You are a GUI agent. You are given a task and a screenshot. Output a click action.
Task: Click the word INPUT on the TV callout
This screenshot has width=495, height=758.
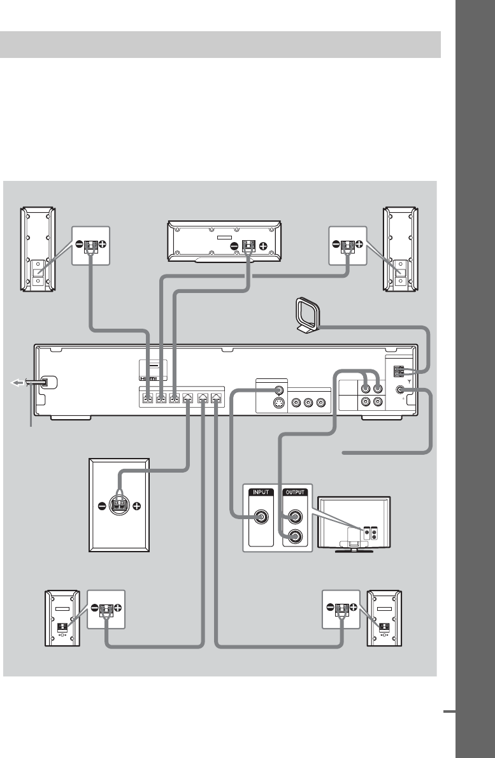pos(261,492)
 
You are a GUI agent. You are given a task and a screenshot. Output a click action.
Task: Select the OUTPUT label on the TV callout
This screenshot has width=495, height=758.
pos(296,492)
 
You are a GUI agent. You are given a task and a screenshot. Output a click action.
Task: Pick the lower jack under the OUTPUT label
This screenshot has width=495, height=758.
pos(296,536)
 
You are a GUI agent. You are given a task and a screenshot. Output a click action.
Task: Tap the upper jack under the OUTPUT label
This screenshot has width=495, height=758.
pos(296,515)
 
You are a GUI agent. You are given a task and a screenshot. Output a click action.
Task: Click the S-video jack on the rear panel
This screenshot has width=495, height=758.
pos(278,403)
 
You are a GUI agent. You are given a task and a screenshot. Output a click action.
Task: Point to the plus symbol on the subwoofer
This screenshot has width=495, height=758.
pos(136,506)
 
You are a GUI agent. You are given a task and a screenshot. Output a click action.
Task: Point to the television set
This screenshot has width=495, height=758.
pos(354,522)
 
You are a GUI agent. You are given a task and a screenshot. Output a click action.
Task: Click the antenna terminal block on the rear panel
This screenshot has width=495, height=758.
pos(399,371)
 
